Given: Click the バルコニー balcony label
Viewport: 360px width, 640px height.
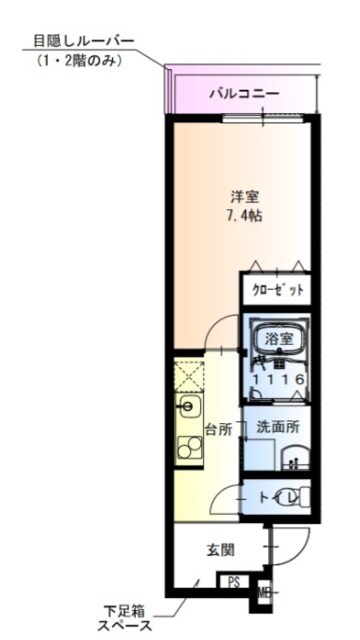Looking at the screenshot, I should click(x=243, y=95).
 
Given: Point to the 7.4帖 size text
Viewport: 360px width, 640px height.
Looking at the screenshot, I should click(x=243, y=216).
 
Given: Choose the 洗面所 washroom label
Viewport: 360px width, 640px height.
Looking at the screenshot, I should click(x=277, y=427).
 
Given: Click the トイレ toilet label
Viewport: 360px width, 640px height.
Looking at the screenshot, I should click(x=271, y=496).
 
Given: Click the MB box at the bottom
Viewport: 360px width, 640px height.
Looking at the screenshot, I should click(x=264, y=592).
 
